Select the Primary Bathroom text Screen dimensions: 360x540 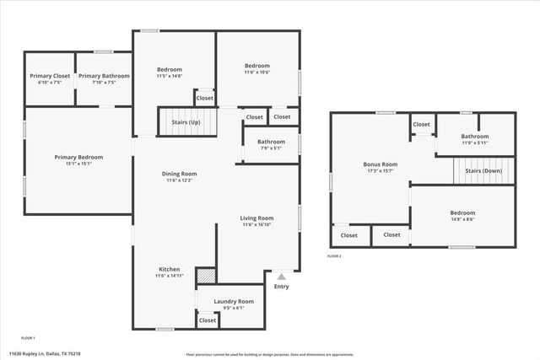(104, 76)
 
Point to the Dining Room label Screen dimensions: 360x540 (179, 174)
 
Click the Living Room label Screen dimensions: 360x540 (257, 218)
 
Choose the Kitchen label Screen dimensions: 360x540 (170, 269)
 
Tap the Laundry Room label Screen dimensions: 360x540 (234, 301)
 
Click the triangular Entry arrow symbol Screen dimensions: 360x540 (281, 276)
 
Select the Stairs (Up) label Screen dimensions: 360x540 (187, 122)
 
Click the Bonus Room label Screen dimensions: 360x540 (380, 164)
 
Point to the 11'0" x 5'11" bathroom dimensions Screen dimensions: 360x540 (474, 142)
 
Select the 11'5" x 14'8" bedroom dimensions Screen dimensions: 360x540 (170, 76)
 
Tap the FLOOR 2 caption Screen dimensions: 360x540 (335, 255)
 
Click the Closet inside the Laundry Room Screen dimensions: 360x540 (207, 320)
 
